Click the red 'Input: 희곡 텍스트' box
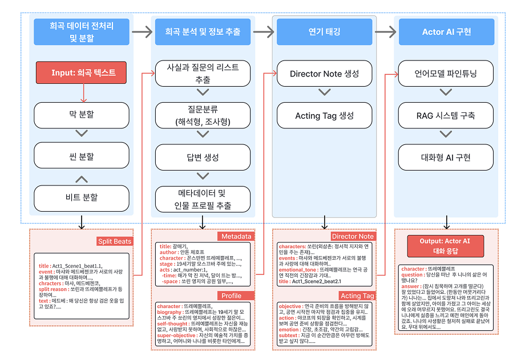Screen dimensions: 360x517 coord(83,73)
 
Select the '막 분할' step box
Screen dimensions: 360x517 coord(81,114)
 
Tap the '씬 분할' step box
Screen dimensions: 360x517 coord(81,156)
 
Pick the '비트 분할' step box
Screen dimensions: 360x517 coord(81,197)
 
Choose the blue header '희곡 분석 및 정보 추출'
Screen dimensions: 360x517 coord(202,32)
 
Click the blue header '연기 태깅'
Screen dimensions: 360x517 coord(324,32)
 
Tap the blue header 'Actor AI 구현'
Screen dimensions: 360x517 coord(446,32)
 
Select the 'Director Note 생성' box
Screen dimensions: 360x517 coord(324,74)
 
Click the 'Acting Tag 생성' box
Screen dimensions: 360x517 coord(324,115)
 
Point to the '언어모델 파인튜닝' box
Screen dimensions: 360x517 coord(446,74)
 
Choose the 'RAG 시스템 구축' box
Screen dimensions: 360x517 coord(446,115)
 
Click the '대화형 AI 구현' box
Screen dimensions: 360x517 coord(446,157)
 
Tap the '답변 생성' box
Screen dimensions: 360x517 coord(203,157)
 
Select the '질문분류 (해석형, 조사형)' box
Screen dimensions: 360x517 coord(203,115)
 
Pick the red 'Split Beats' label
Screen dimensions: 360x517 coord(114,241)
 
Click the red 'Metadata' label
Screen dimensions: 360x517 coord(236,236)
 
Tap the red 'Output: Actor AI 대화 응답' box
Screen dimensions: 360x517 coord(446,246)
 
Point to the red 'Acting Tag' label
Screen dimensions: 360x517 coord(357,296)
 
